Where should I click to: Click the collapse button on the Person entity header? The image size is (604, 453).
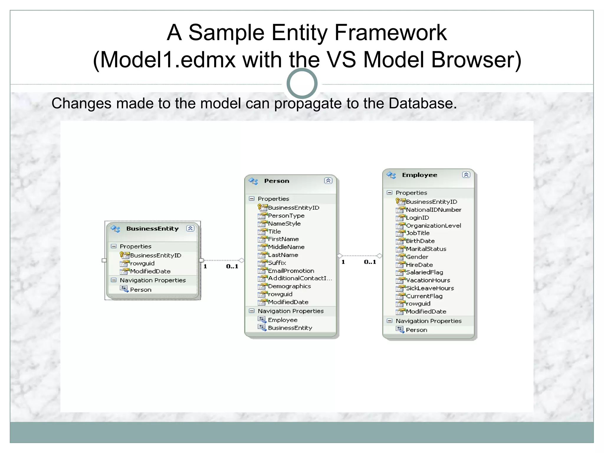(328, 181)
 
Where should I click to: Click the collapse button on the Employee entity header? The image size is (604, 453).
(466, 175)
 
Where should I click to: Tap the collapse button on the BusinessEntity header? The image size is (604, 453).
(190, 229)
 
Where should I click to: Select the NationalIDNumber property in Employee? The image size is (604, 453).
(433, 210)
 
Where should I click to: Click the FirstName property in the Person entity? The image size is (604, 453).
(283, 239)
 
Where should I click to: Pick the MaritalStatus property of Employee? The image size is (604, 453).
(426, 249)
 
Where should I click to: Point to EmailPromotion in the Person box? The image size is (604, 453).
(291, 271)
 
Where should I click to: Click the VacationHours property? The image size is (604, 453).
(428, 280)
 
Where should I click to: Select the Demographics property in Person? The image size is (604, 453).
(289, 286)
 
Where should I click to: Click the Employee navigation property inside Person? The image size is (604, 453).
(283, 320)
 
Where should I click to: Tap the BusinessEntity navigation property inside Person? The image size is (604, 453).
(290, 328)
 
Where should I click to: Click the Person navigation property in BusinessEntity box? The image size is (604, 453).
(140, 290)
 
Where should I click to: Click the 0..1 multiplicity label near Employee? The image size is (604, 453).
(370, 262)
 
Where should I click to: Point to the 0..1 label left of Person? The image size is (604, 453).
(232, 267)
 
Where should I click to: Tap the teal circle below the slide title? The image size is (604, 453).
(302, 83)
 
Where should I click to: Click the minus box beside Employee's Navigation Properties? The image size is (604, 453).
(390, 321)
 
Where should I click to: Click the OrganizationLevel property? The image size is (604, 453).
(433, 226)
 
